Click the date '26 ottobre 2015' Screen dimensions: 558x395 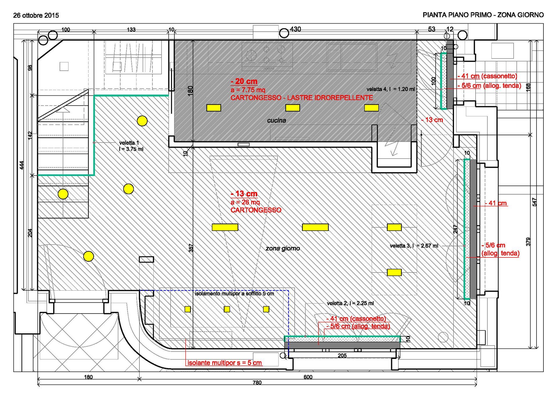36,15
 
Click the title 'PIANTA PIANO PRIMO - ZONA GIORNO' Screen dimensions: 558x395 483,15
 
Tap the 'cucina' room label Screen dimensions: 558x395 276,120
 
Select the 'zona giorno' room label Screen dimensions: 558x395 283,248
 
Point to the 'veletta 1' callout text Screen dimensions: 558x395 129,143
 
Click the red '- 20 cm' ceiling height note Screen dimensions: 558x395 244,81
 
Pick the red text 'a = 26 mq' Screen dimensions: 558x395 245,202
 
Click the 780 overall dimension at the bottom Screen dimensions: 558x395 257,383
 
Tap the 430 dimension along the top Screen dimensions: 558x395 296,29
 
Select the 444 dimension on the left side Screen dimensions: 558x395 22,165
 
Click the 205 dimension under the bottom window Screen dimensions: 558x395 342,355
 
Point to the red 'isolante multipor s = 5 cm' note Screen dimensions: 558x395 225,363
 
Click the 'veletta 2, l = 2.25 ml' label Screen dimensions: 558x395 350,303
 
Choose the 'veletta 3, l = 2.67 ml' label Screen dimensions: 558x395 414,246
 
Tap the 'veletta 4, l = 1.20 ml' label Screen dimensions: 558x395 391,89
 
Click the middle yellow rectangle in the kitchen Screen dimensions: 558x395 293,108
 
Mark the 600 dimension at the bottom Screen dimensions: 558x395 308,377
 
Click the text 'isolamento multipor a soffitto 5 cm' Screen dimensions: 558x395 234,294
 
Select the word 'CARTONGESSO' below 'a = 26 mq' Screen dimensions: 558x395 256,210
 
